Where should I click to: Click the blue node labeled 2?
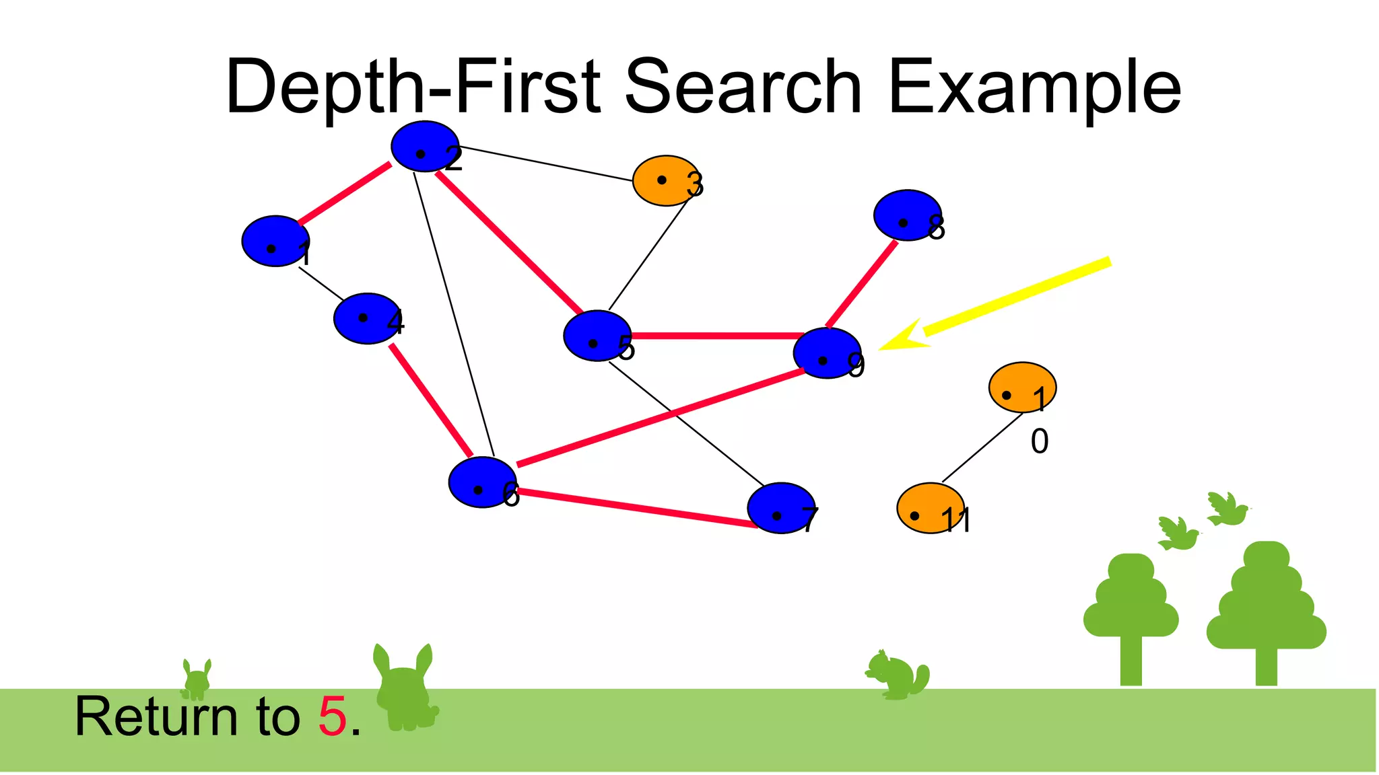pos(424,147)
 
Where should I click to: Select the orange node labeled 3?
pos(665,180)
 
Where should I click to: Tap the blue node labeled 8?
pos(906,215)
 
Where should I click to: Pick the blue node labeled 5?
pos(597,336)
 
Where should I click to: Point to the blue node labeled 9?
pos(826,353)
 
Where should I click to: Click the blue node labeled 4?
pos(366,318)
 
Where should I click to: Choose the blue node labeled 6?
pos(482,482)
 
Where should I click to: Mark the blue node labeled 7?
pos(780,508)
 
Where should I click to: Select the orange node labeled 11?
pos(930,508)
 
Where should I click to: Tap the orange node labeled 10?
pos(1021,387)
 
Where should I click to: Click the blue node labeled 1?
pos(275,241)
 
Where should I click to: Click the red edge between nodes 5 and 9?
pos(714,335)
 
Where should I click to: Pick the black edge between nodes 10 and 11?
pos(982,448)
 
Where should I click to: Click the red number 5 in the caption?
pos(332,716)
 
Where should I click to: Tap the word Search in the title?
pos(743,87)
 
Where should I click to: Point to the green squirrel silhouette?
pos(897,675)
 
